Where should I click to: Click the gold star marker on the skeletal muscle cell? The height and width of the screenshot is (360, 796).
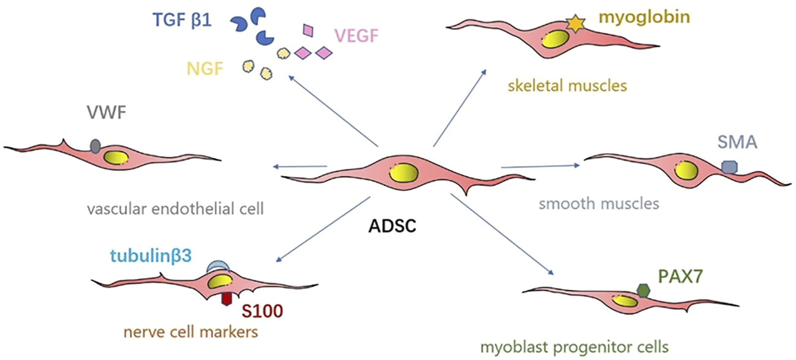pyautogui.click(x=574, y=24)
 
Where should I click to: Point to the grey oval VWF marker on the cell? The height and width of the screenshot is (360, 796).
pyautogui.click(x=96, y=146)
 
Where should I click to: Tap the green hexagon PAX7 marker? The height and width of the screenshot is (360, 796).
pyautogui.click(x=642, y=291)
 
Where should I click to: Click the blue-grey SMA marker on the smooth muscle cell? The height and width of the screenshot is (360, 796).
pyautogui.click(x=729, y=167)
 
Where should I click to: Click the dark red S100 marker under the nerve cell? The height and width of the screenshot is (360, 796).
pyautogui.click(x=227, y=298)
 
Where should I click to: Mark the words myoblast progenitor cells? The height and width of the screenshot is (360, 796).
pyautogui.click(x=582, y=347)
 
